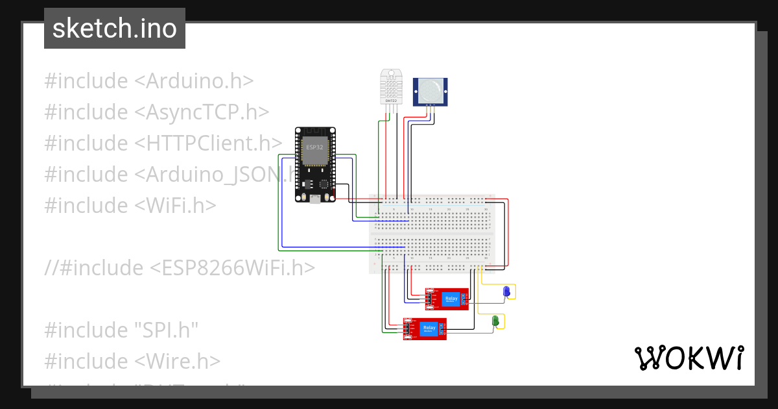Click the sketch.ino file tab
coord(115,29)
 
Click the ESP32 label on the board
coord(314,147)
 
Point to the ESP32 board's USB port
coord(314,199)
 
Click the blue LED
coord(507,292)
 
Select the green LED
coord(495,321)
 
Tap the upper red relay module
coord(447,299)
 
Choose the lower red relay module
coord(425,328)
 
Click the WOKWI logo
coord(689,358)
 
